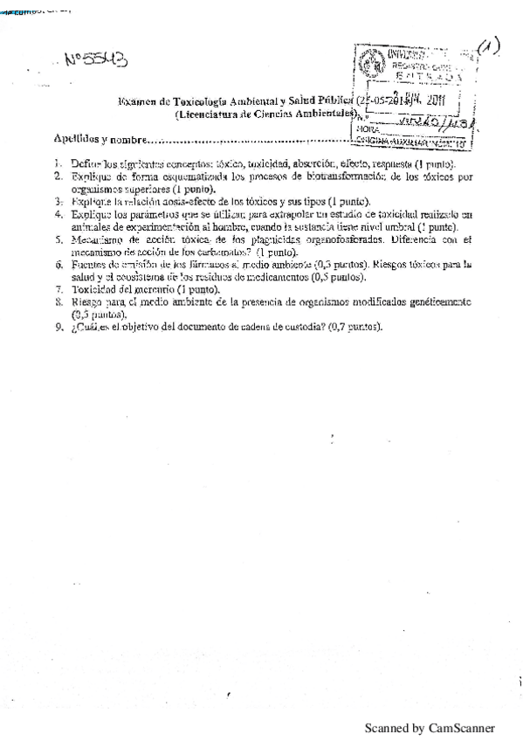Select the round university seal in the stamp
370,63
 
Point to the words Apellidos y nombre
98,137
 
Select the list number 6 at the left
58,263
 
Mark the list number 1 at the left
58,163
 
